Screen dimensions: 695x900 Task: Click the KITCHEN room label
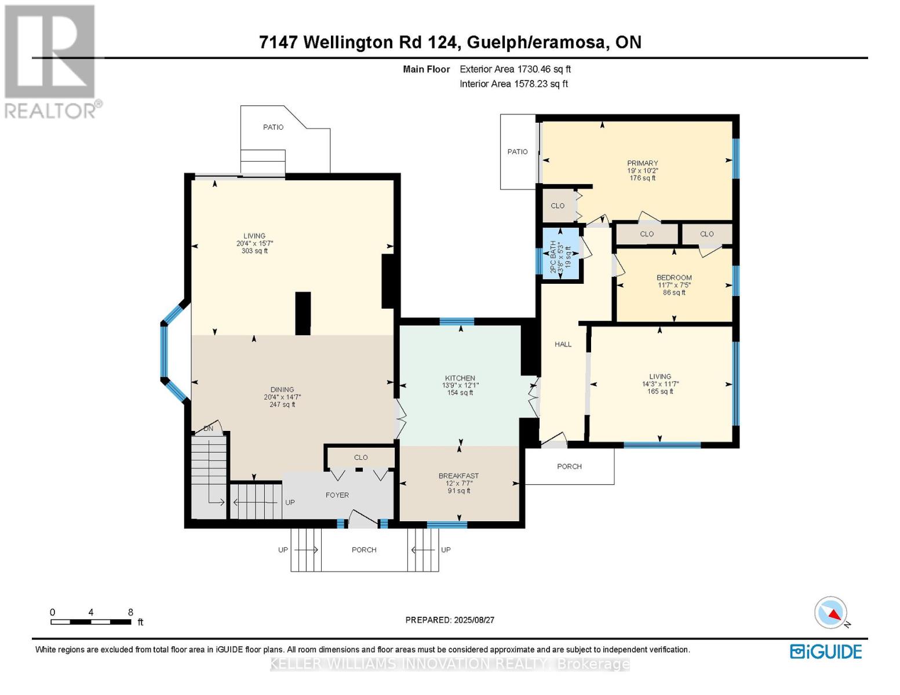click(460, 378)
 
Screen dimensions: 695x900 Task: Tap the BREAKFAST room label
click(458, 476)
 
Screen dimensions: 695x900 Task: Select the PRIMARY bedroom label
click(642, 163)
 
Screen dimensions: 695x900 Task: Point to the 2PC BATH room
click(560, 255)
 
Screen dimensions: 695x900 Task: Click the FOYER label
click(337, 495)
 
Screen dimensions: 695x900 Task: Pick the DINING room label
click(282, 390)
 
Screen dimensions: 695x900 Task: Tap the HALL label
click(563, 344)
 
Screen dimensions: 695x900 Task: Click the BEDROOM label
click(674, 277)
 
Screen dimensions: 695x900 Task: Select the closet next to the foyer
click(360, 458)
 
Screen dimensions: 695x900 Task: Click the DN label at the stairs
click(208, 429)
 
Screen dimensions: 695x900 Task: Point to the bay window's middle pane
click(164, 353)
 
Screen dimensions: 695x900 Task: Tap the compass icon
click(831, 613)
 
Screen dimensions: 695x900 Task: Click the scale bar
click(90, 622)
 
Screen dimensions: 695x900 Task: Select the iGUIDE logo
click(826, 652)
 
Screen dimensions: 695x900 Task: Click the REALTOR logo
click(50, 61)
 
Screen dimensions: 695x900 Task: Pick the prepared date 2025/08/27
click(450, 620)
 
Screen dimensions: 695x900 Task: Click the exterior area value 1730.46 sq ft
click(544, 69)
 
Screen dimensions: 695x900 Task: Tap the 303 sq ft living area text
click(254, 251)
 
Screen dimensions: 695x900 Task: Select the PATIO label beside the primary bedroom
click(518, 152)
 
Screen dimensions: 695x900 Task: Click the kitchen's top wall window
click(457, 321)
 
